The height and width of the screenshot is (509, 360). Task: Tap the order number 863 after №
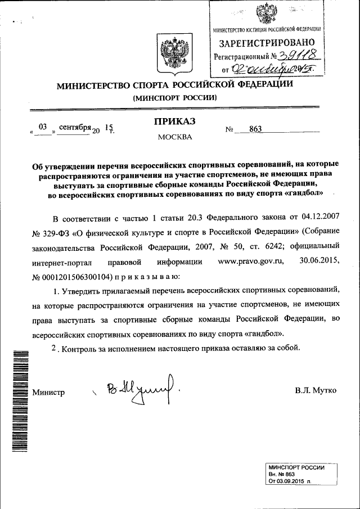(x=255, y=129)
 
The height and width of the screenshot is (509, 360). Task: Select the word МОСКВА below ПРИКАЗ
(x=174, y=137)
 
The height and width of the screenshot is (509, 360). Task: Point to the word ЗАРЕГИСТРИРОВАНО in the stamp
(x=267, y=42)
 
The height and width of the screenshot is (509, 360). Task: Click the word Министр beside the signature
(x=49, y=392)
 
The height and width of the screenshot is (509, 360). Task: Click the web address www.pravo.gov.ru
(x=253, y=262)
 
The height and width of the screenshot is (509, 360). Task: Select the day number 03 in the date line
(x=42, y=128)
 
